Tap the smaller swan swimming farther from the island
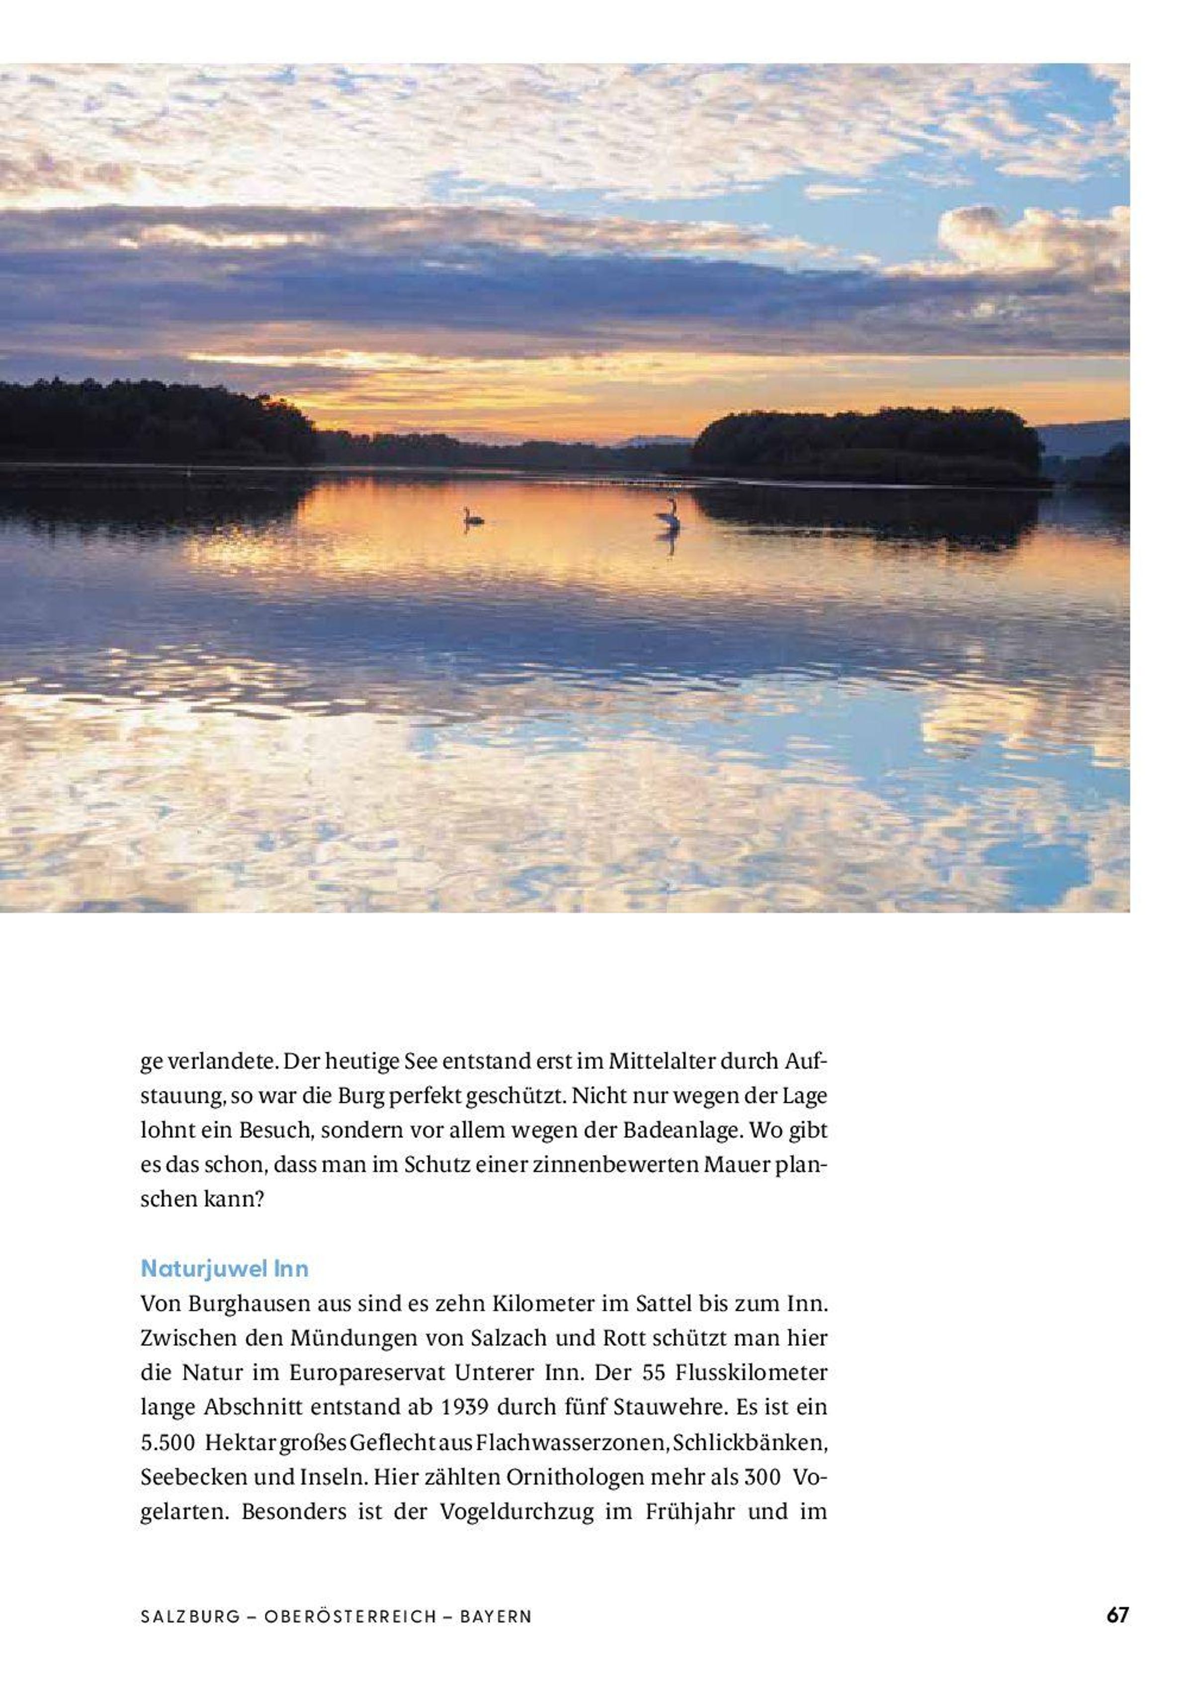[472, 517]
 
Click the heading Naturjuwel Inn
[224, 1268]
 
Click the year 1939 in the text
[465, 1407]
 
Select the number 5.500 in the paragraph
[168, 1442]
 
